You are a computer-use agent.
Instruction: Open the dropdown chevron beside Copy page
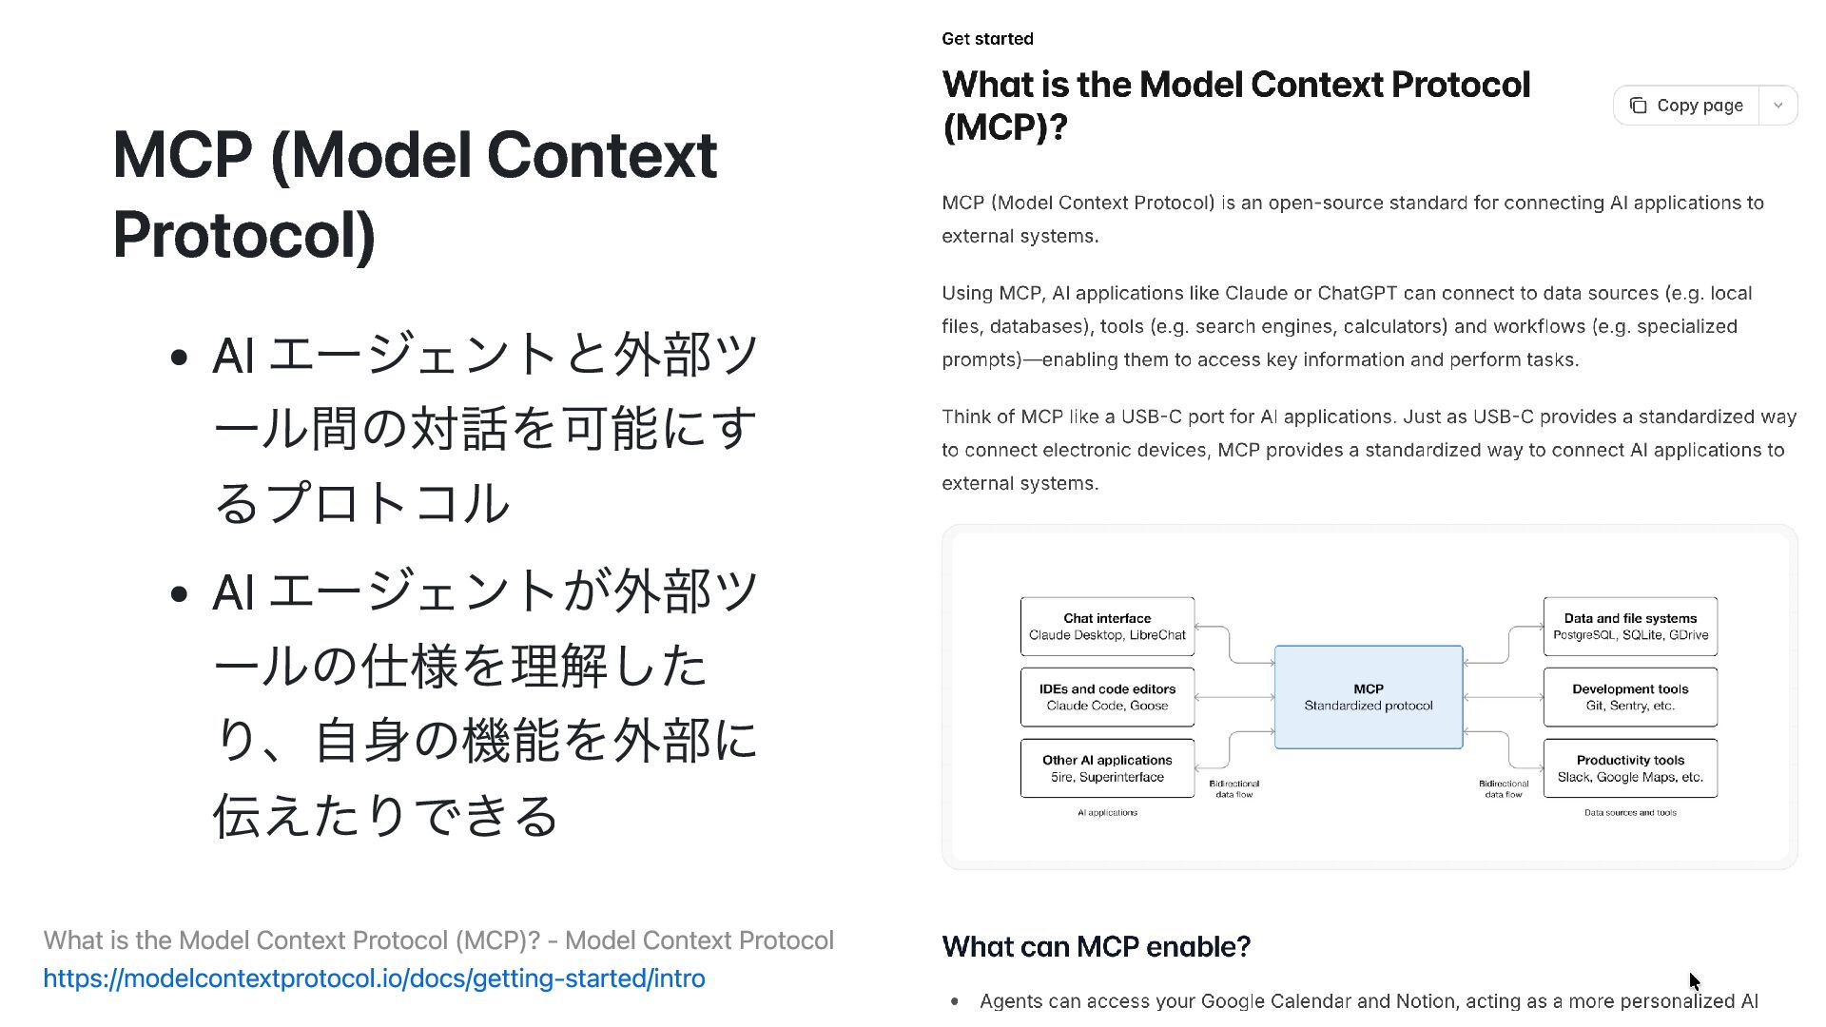pos(1777,106)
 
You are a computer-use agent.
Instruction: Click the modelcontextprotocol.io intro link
pos(374,979)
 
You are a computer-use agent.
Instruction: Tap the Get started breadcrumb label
pos(987,39)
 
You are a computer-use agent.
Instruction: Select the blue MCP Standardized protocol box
pos(1368,697)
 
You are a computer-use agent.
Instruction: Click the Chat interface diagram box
pos(1107,627)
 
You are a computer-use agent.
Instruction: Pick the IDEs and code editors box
pos(1107,697)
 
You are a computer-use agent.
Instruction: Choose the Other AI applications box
pos(1107,768)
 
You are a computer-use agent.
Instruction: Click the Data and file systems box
pos(1630,627)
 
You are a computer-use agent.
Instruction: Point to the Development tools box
pos(1630,697)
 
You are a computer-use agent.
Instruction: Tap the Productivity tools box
pos(1630,768)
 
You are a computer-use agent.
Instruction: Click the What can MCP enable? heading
pos(1096,947)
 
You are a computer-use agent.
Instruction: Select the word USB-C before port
pos(1151,417)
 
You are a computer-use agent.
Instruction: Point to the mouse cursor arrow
pos(1694,980)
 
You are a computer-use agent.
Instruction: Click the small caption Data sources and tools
pos(1630,813)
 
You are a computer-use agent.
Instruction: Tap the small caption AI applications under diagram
pos(1107,813)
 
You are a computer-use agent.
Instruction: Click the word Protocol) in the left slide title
pos(243,235)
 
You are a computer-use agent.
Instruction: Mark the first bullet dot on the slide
pos(179,358)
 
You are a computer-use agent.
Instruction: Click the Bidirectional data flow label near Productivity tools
pos(1504,789)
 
